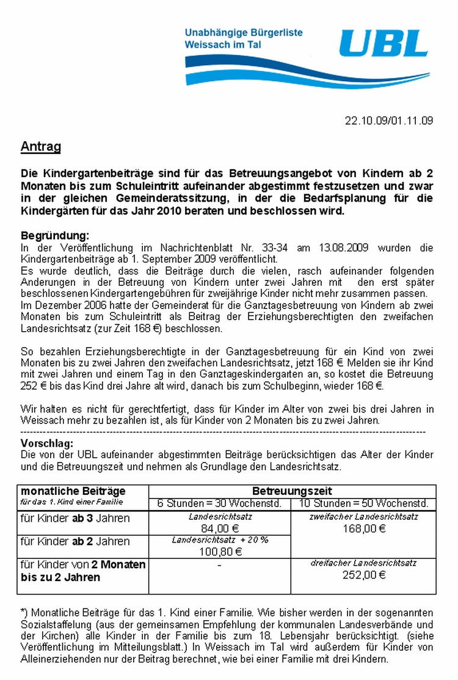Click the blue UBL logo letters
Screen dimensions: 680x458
pyautogui.click(x=383, y=44)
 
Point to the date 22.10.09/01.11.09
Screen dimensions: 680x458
pyautogui.click(x=389, y=120)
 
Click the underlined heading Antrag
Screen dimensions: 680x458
pyautogui.click(x=40, y=147)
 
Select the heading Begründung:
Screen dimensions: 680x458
pyautogui.click(x=55, y=236)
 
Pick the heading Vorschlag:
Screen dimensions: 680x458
pyautogui.click(x=47, y=443)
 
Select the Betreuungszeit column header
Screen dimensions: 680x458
pyautogui.click(x=292, y=491)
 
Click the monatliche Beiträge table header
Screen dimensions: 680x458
pyautogui.click(x=73, y=491)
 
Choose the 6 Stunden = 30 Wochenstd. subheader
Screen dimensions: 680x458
pyautogui.click(x=219, y=503)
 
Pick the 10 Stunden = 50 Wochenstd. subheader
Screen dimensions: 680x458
pyautogui.click(x=364, y=503)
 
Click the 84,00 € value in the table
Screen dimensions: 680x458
pyautogui.click(x=219, y=528)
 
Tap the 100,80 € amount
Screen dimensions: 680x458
pyautogui.click(x=220, y=552)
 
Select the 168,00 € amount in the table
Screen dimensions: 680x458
pyautogui.click(x=363, y=528)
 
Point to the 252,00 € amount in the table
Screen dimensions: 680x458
pyautogui.click(x=363, y=574)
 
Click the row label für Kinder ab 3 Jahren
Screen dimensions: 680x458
pyautogui.click(x=75, y=518)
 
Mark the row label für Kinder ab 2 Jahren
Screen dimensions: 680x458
pyautogui.click(x=75, y=541)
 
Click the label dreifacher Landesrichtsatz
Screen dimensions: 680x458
pyautogui.click(x=363, y=563)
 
